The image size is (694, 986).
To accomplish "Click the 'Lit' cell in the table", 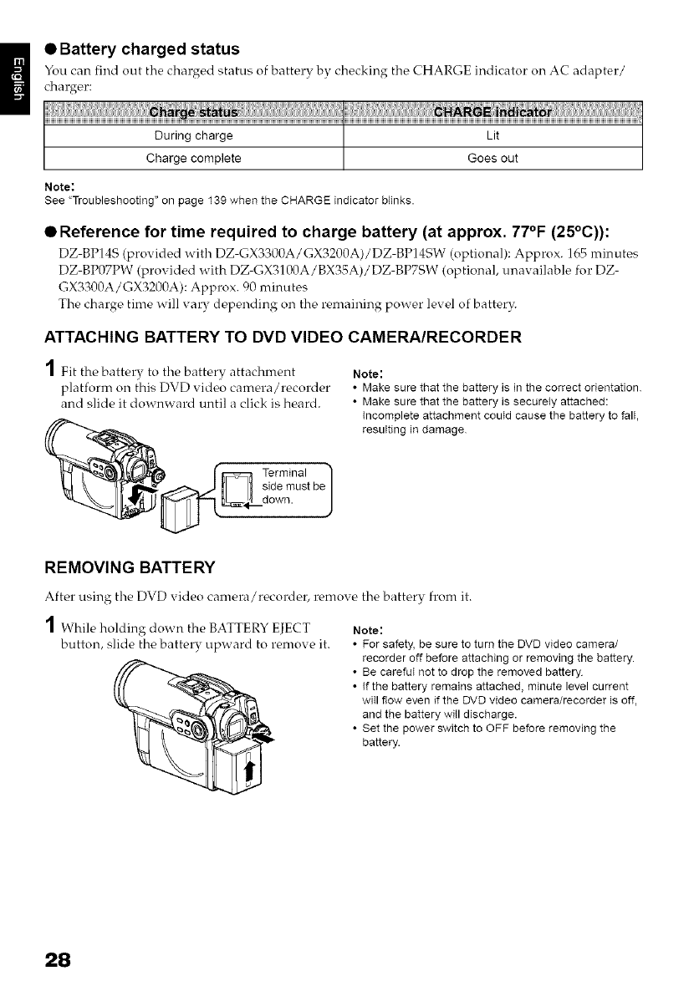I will pos(492,135).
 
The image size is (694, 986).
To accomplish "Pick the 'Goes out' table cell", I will pos(492,158).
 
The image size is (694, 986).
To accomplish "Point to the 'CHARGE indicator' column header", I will pos(492,113).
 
